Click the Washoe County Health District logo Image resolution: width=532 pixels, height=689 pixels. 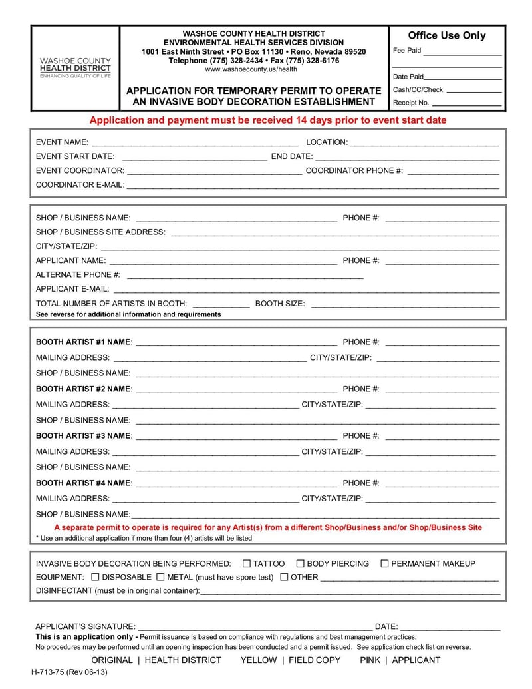click(x=75, y=68)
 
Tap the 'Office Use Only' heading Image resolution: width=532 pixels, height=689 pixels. click(x=446, y=35)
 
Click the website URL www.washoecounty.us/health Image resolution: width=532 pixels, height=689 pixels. click(x=251, y=69)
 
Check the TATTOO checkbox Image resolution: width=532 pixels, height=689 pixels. click(x=247, y=563)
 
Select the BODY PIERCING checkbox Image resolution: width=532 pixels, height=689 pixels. click(x=300, y=563)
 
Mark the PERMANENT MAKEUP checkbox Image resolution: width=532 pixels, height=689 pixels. click(x=384, y=563)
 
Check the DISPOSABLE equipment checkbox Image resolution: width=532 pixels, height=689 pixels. click(x=95, y=577)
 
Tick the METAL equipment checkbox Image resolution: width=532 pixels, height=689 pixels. click(x=160, y=577)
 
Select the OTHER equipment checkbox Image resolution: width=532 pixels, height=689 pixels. click(x=284, y=577)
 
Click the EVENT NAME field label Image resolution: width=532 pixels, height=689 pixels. click(x=62, y=142)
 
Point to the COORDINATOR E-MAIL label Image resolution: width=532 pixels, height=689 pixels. click(x=80, y=185)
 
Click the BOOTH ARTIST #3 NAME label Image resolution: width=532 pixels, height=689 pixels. click(x=84, y=436)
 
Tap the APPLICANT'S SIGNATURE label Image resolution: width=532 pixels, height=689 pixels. click(x=85, y=626)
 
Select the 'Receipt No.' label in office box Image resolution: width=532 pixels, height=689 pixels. click(x=411, y=103)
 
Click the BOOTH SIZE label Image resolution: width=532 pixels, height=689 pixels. click(x=280, y=304)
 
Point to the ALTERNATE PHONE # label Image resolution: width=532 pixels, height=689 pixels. click(x=78, y=275)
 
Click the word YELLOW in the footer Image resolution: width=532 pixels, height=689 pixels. click(x=258, y=660)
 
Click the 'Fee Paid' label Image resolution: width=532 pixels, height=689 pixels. click(x=407, y=51)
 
